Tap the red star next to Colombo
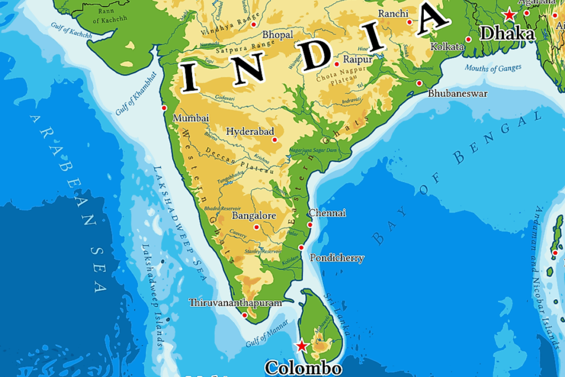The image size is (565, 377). point(302,346)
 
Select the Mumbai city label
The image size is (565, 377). point(191,118)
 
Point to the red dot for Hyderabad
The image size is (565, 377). point(275,140)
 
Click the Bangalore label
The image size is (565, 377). point(253,215)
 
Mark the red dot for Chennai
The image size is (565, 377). point(310,225)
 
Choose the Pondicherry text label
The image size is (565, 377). point(337,258)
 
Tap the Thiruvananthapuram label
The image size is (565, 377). point(235,302)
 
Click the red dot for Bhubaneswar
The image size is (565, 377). point(419,83)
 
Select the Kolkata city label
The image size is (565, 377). point(447,47)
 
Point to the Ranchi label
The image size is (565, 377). point(393,14)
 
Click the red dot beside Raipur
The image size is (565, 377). point(337,64)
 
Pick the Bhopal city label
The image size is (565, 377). point(278,35)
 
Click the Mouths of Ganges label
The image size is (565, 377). point(493,68)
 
